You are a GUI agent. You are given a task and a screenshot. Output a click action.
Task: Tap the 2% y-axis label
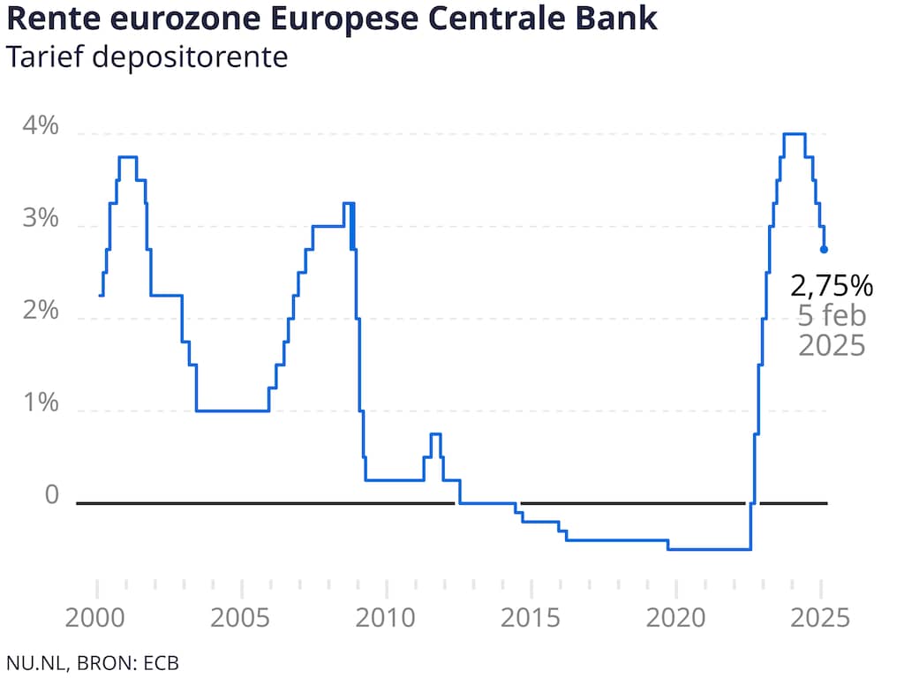click(x=40, y=312)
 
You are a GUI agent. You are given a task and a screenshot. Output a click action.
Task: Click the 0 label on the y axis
click(x=52, y=495)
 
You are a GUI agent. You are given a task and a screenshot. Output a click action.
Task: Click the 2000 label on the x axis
click(x=96, y=616)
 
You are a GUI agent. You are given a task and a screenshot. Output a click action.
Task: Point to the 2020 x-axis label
click(x=675, y=616)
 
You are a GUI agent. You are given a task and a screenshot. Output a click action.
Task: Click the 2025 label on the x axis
click(x=820, y=616)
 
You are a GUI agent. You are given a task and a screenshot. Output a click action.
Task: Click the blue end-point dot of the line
click(x=824, y=249)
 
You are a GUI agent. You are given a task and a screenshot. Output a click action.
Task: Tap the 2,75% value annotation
click(x=832, y=285)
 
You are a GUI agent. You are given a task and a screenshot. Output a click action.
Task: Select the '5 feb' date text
click(x=832, y=315)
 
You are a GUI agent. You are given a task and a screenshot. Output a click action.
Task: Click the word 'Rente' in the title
click(x=49, y=19)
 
